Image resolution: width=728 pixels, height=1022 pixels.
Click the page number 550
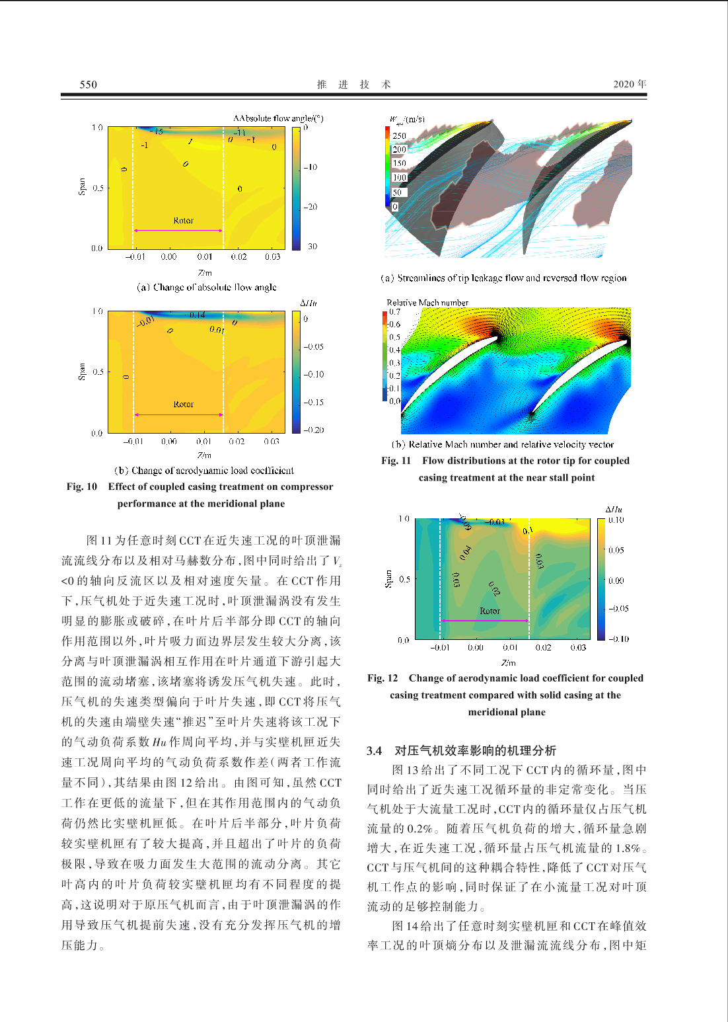tap(88, 85)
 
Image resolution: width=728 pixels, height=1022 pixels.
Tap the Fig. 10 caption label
tap(82, 487)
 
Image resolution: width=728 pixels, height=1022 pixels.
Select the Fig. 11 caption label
tap(396, 461)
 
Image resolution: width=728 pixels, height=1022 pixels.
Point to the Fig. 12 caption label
tap(382, 678)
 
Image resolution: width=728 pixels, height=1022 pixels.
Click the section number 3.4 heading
tap(375, 750)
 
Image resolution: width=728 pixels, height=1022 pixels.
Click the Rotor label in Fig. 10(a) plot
tap(183, 221)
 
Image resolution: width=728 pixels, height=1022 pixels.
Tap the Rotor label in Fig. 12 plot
tap(490, 611)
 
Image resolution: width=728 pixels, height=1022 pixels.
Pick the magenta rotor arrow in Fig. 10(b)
tap(178, 414)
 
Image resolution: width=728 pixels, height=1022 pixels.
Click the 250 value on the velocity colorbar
tap(399, 136)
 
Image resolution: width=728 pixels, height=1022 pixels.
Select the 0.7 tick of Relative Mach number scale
tap(394, 311)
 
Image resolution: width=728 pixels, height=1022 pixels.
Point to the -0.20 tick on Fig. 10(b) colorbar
tap(313, 430)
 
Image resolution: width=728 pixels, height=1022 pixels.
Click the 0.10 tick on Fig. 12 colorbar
tap(616, 520)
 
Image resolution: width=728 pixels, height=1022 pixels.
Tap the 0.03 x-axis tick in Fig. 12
tap(578, 648)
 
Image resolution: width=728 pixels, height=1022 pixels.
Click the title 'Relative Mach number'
tap(427, 303)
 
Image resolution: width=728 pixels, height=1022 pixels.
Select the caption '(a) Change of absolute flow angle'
tap(206, 288)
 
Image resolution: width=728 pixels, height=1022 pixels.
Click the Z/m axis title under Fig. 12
tap(508, 662)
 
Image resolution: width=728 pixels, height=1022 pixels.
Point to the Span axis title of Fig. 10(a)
tap(82, 187)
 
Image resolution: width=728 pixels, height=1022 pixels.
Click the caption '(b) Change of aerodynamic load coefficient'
tap(204, 471)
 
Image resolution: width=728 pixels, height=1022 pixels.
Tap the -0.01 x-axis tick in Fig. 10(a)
tap(135, 256)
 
